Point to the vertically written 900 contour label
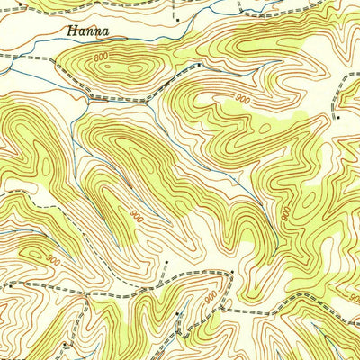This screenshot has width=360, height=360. tap(284, 214)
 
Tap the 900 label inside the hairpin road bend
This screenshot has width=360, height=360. tap(211, 297)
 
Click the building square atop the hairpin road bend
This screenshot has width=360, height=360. tap(232, 270)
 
